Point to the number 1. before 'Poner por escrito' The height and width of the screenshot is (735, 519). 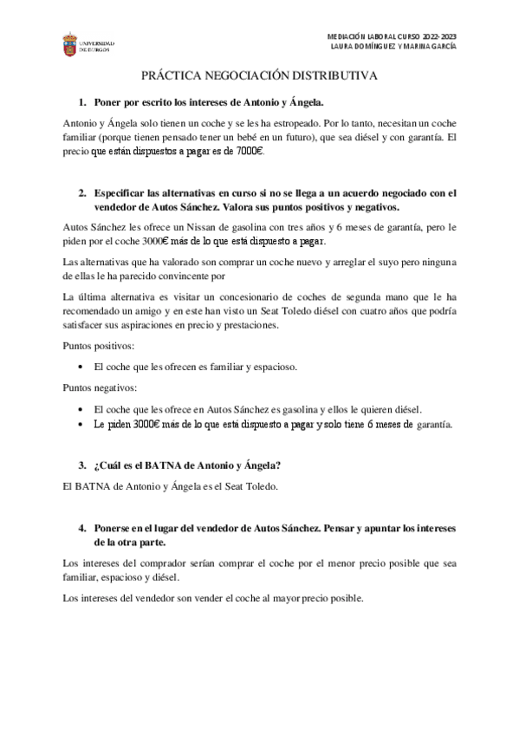(x=83, y=102)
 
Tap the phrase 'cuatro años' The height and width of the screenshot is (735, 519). (x=373, y=312)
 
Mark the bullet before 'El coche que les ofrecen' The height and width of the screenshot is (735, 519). (x=81, y=367)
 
